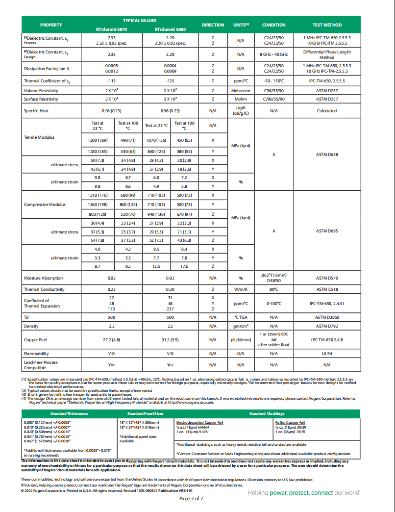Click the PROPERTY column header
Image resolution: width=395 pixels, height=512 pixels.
point(51,25)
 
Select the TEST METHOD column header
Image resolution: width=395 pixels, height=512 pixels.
point(327,25)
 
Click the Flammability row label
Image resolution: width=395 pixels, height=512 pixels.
point(36,353)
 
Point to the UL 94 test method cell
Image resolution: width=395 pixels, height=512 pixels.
point(327,353)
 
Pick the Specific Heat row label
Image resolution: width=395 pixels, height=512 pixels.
point(36,111)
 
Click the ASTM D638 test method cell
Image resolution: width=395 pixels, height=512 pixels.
point(327,154)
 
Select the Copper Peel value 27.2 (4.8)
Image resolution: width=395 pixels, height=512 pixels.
point(112,339)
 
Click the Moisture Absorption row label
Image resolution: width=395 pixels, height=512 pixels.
point(43,278)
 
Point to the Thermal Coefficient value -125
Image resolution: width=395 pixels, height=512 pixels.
point(170,81)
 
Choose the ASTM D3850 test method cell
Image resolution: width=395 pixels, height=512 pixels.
point(327,317)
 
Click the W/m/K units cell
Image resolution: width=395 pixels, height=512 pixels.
point(241,289)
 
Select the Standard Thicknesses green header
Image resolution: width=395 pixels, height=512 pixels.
point(69,413)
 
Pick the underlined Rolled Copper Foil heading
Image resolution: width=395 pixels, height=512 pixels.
point(290,422)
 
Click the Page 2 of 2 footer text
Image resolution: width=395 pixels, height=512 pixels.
point(191,499)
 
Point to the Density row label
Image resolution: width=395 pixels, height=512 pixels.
point(31,326)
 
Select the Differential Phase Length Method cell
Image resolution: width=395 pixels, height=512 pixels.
point(327,54)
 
